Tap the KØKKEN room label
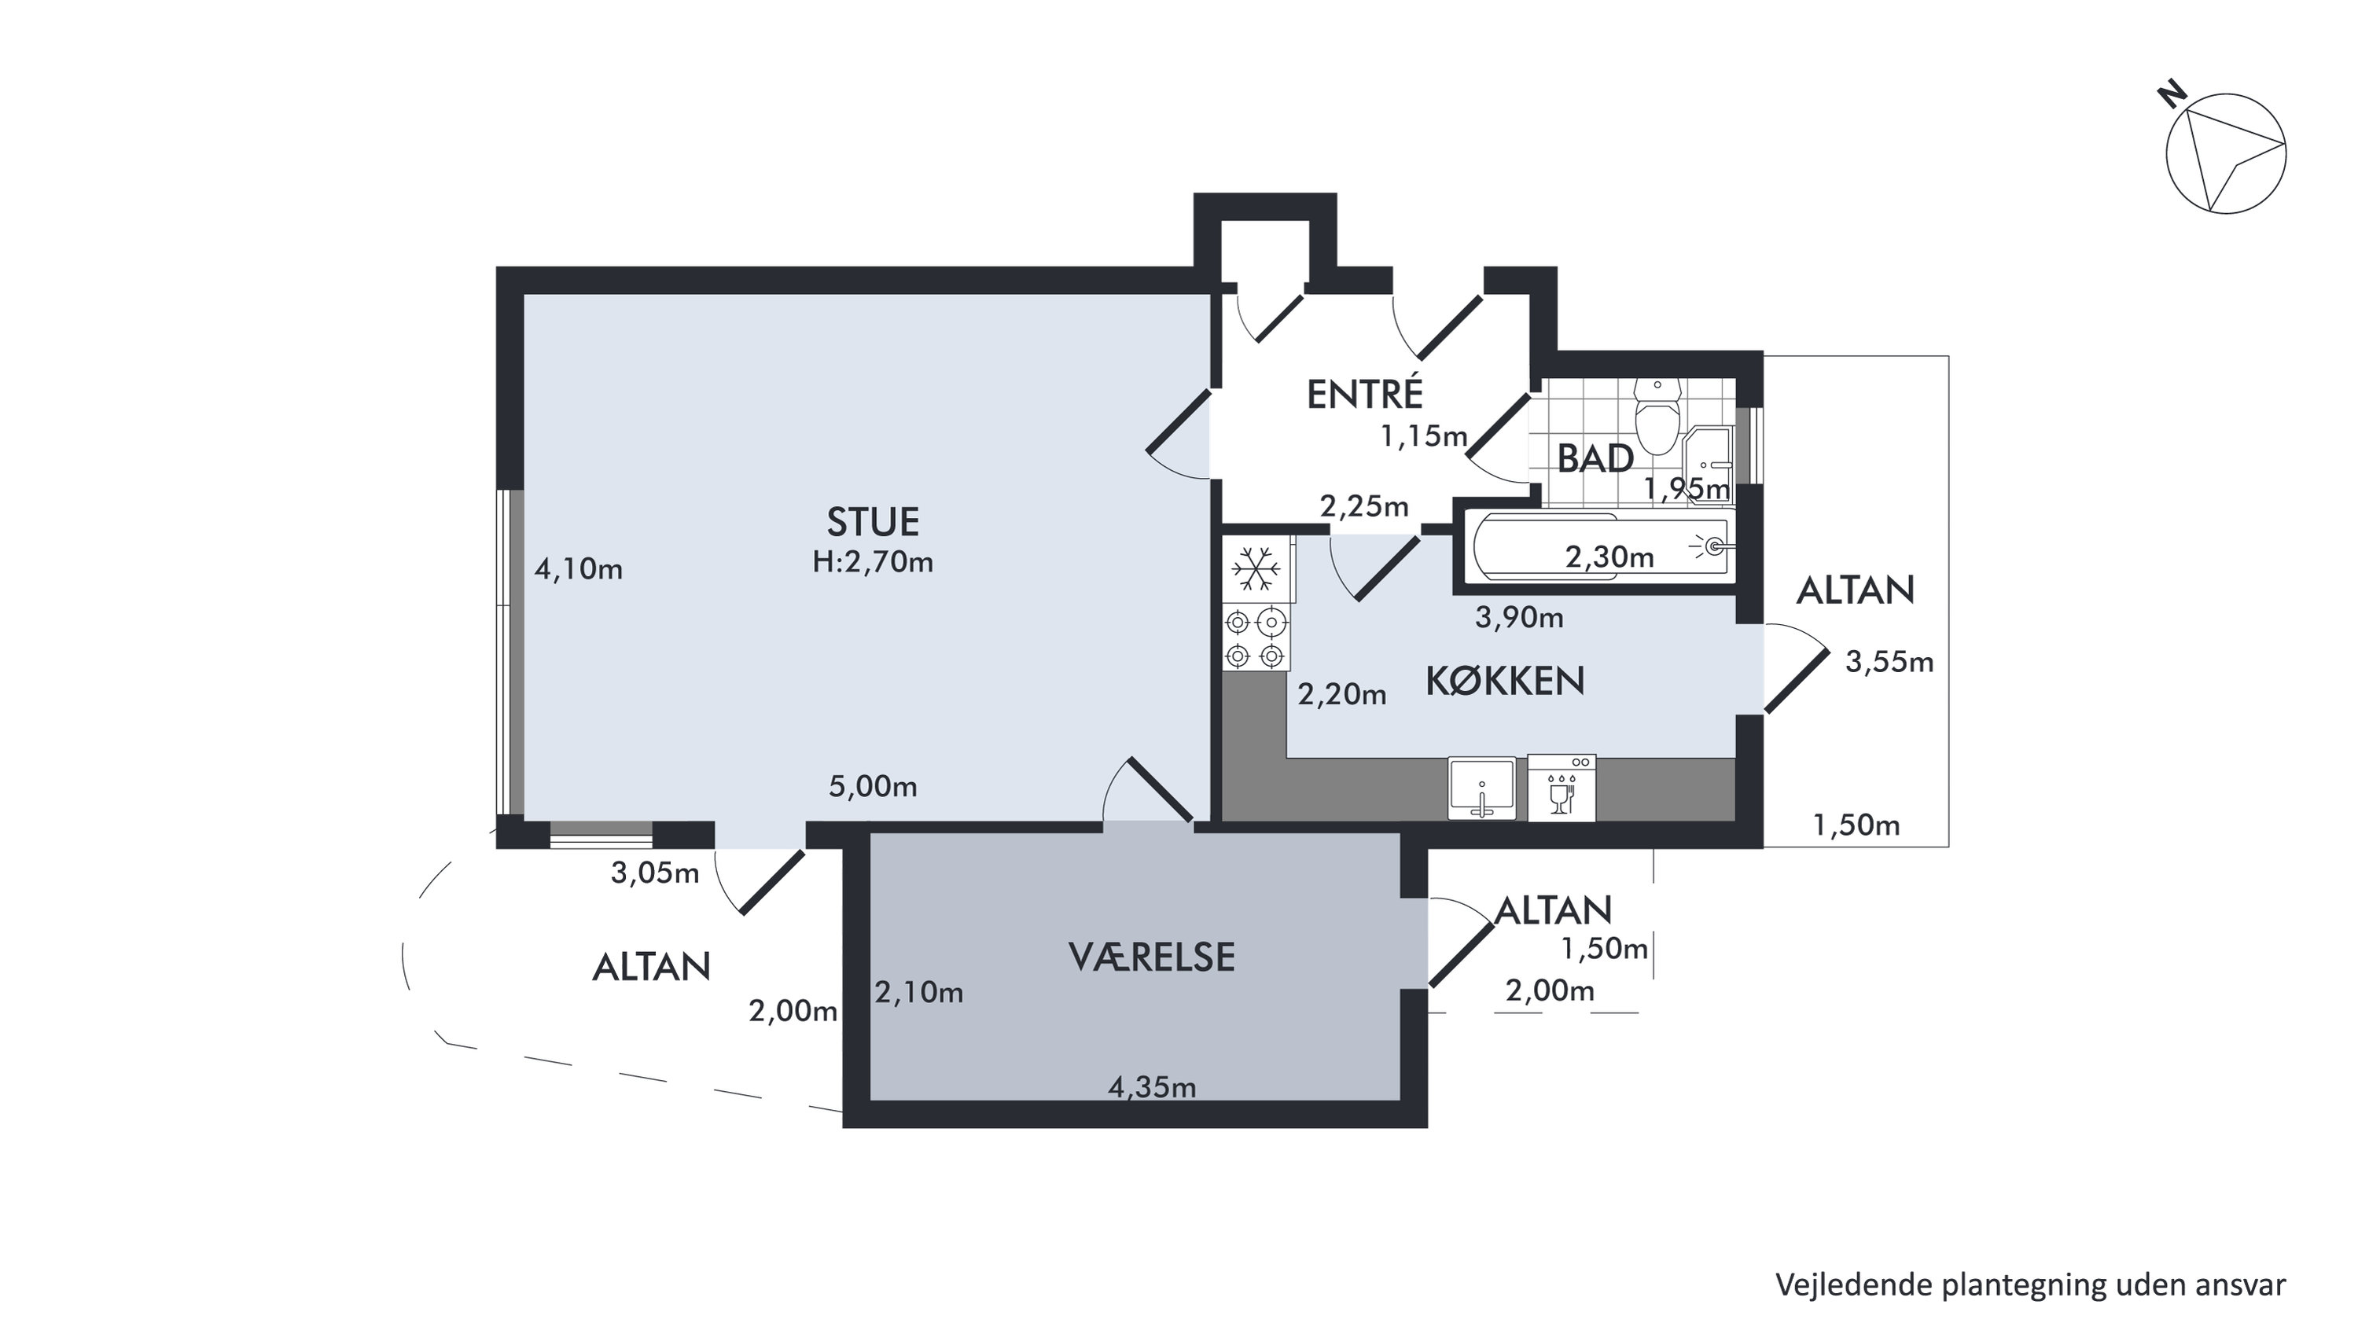tap(1505, 681)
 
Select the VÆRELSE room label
tap(1152, 957)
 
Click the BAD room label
tap(1595, 458)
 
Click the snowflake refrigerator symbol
tap(1256, 570)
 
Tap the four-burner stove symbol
tap(1255, 638)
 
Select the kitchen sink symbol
tap(1481, 788)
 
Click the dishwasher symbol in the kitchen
tap(1562, 787)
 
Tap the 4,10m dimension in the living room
tap(579, 570)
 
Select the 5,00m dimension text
tap(872, 787)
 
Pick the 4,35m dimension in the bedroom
tap(1152, 1087)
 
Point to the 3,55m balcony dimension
tap(1889, 662)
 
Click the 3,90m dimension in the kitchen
tap(1518, 618)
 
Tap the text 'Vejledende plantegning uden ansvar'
tap(2030, 1284)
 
